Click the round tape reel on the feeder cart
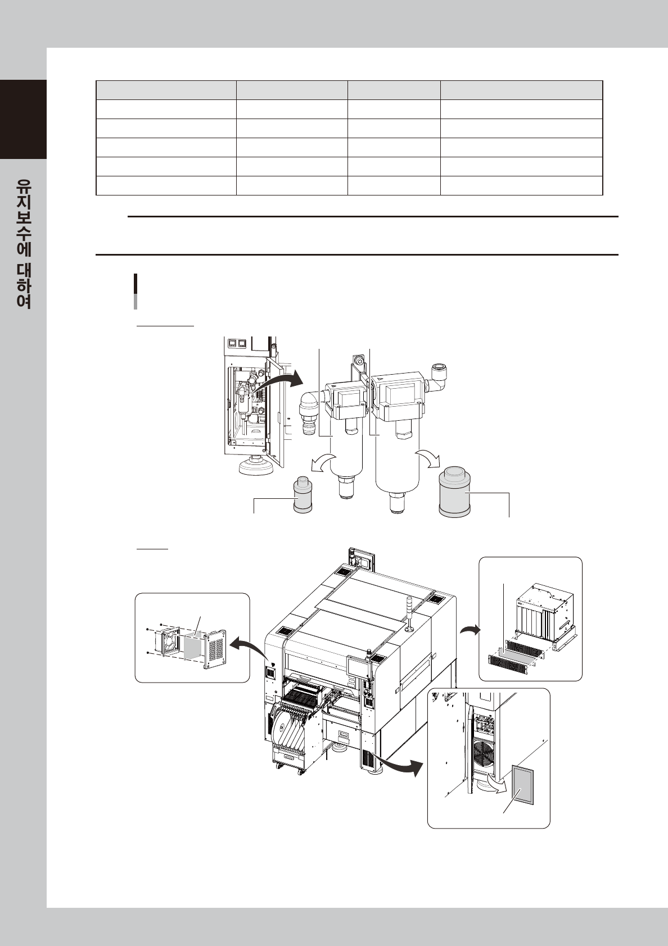(281, 725)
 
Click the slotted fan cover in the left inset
(216, 649)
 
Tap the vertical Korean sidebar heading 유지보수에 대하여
(24, 244)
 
